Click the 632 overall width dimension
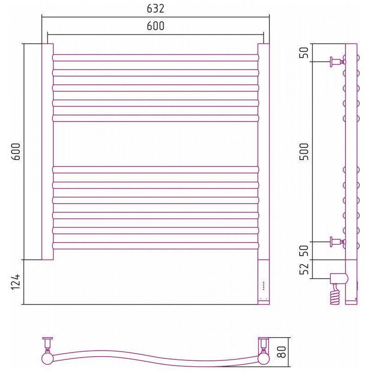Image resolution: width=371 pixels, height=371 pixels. (x=155, y=9)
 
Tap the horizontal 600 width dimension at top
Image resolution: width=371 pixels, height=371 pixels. (x=155, y=26)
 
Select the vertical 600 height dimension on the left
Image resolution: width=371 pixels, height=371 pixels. (x=16, y=152)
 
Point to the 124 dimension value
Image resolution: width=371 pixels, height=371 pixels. (x=16, y=282)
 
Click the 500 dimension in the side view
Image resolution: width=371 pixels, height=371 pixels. (x=304, y=152)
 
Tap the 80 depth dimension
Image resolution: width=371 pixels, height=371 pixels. (x=282, y=352)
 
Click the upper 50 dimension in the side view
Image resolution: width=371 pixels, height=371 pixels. (x=304, y=52)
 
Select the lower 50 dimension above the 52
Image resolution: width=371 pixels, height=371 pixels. (x=304, y=250)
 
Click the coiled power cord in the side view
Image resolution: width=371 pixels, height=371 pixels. (x=336, y=294)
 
